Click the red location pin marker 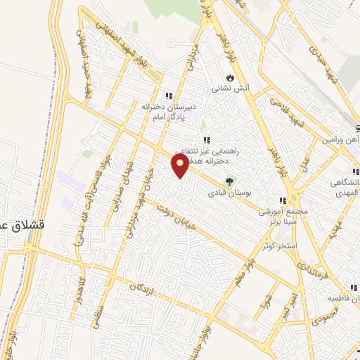click(x=181, y=165)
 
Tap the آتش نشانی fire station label click(x=230, y=89)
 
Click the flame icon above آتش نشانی click(x=230, y=77)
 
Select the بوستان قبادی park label click(x=229, y=192)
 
